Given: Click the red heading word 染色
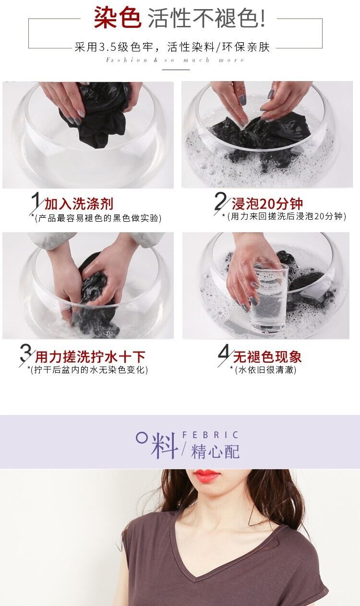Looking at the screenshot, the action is (x=117, y=18).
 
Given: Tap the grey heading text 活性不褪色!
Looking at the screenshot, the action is (x=206, y=18).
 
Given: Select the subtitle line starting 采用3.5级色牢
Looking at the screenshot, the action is (x=172, y=47).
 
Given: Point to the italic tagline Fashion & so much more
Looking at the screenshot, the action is (x=175, y=60).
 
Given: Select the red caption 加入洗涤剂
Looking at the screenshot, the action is (x=79, y=204).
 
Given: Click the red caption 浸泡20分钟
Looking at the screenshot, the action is (x=267, y=204).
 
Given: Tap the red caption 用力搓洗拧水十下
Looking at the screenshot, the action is (x=90, y=356).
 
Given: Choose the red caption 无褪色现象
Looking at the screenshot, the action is (x=267, y=356).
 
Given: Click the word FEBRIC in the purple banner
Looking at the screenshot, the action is (x=210, y=435).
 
